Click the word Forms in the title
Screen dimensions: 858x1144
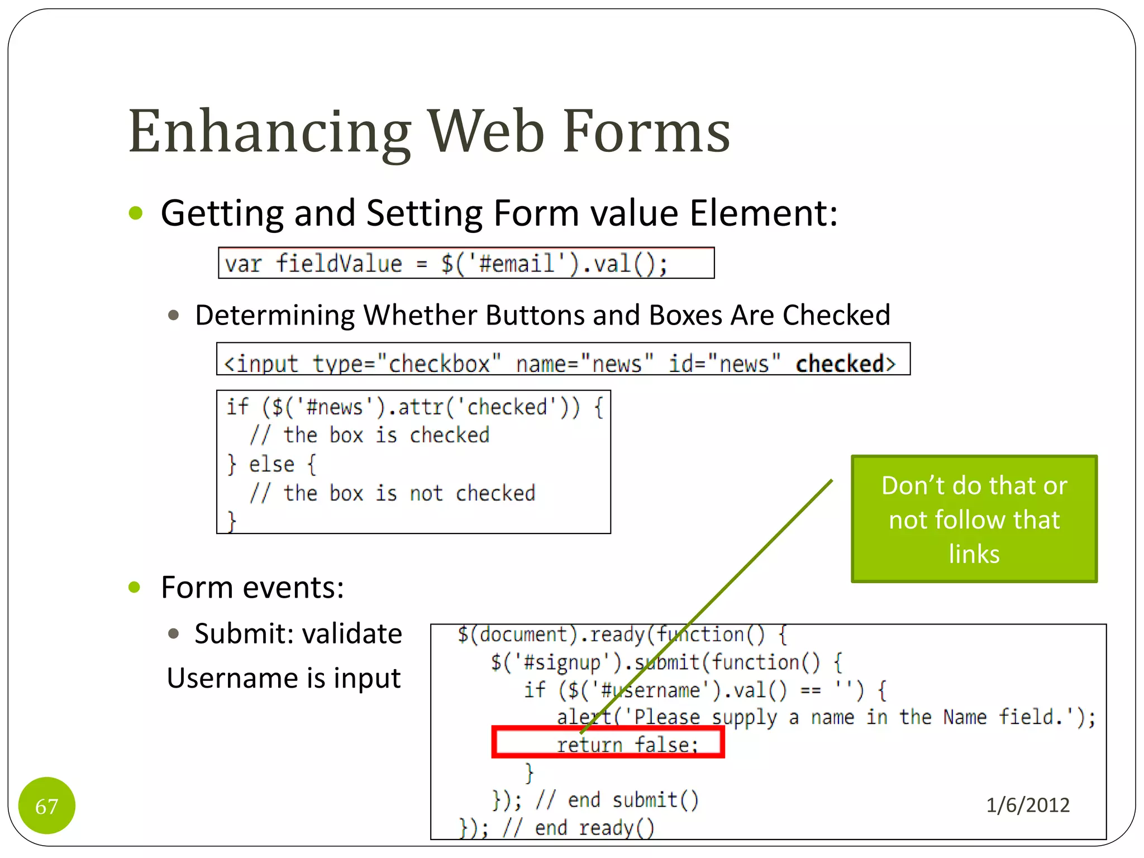646,132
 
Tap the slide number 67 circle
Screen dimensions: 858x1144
47,805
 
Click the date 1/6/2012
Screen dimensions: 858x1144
1027,805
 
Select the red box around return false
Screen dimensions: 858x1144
608,742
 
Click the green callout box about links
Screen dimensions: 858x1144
974,519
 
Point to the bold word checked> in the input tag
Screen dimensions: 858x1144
845,364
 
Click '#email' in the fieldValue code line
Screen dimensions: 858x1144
517,263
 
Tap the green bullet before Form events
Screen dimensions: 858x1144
134,587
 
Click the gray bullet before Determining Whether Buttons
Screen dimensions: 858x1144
173,315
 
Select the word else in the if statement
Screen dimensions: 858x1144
271,464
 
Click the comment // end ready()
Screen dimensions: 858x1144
578,828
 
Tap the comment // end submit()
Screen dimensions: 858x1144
617,800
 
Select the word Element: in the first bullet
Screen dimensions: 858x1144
764,213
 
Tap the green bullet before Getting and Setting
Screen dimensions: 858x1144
136,213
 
